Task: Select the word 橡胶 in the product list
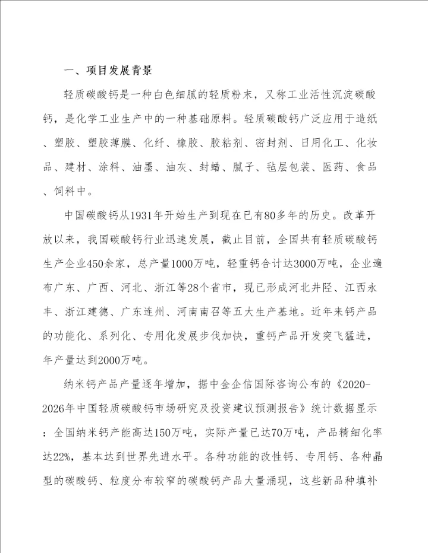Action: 181,144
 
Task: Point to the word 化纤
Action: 148,144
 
